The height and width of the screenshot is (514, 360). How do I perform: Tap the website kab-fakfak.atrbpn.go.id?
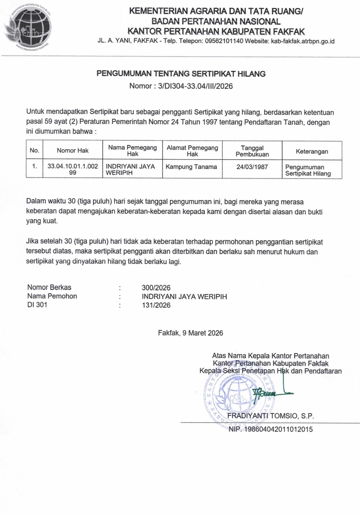point(303,41)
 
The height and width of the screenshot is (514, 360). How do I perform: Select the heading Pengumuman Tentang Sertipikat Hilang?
point(181,74)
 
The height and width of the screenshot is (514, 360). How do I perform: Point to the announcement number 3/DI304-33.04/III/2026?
point(195,86)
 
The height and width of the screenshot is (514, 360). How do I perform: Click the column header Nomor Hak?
point(73,150)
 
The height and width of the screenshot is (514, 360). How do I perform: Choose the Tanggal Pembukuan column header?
point(252,151)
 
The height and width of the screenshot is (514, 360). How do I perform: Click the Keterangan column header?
point(312,151)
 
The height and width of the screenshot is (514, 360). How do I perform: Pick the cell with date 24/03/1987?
point(252,167)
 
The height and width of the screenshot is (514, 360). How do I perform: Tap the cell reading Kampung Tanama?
point(191,167)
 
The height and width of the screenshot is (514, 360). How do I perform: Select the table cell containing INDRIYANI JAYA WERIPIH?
point(130,170)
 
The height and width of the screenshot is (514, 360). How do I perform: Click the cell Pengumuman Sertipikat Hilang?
point(308,170)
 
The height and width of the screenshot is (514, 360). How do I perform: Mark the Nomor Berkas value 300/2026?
point(156,288)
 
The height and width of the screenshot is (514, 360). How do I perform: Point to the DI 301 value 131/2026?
point(156,305)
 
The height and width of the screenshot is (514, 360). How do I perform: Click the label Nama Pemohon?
point(52,296)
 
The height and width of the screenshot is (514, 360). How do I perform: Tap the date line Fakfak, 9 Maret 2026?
point(190,333)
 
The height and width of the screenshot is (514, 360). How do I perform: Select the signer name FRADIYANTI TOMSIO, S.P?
point(270,416)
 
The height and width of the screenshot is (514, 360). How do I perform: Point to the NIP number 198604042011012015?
point(279,429)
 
